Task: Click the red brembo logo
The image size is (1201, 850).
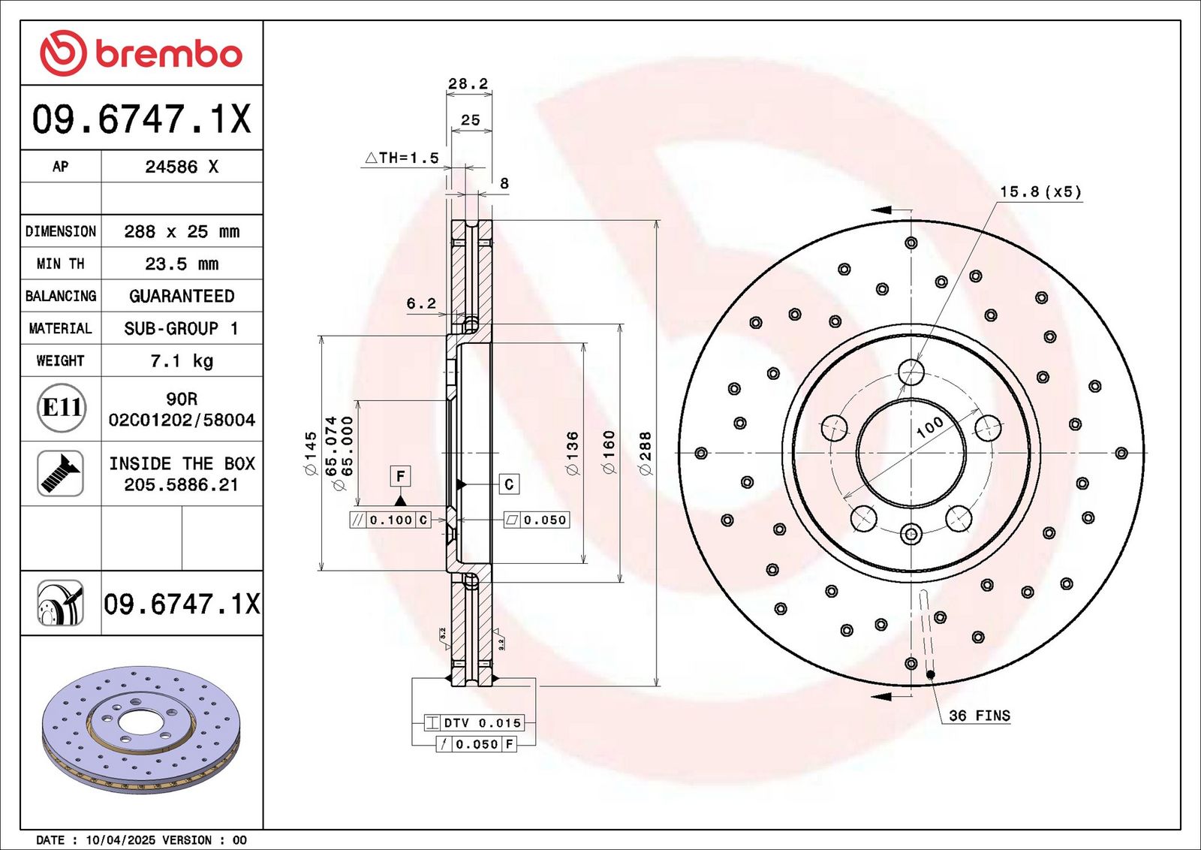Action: pyautogui.click(x=141, y=53)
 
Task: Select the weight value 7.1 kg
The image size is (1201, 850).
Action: pyautogui.click(x=182, y=361)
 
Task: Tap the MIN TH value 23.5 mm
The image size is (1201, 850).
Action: pyautogui.click(x=182, y=264)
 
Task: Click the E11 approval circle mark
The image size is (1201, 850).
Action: pyautogui.click(x=61, y=408)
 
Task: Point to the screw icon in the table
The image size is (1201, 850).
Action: pyautogui.click(x=61, y=473)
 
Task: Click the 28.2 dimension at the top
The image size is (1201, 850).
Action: pyautogui.click(x=468, y=83)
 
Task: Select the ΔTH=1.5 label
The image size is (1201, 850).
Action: pyautogui.click(x=402, y=158)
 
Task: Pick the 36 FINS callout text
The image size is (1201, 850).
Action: pyautogui.click(x=979, y=716)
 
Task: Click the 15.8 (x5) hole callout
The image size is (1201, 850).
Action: pyautogui.click(x=1040, y=192)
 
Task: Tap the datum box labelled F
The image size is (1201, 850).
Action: pyautogui.click(x=400, y=476)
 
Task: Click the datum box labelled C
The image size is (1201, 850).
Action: pyautogui.click(x=509, y=484)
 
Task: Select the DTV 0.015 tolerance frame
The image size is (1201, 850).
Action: pyautogui.click(x=474, y=723)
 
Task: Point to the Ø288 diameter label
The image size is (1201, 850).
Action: pyautogui.click(x=645, y=453)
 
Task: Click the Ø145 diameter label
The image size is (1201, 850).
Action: pyautogui.click(x=310, y=453)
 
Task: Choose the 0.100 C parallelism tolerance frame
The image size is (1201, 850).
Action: pyautogui.click(x=390, y=520)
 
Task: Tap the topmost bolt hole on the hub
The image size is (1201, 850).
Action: pyautogui.click(x=911, y=372)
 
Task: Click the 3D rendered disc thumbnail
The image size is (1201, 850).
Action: pyautogui.click(x=140, y=728)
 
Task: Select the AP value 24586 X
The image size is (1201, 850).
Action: pyautogui.click(x=182, y=167)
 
